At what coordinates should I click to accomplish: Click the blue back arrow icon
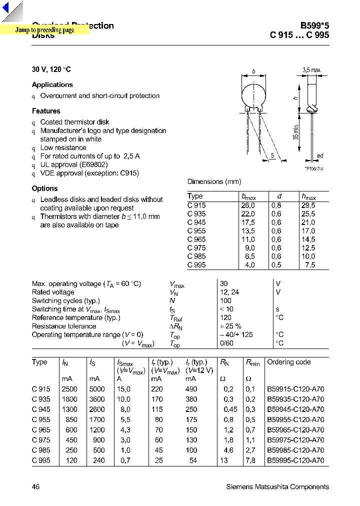click(12, 10)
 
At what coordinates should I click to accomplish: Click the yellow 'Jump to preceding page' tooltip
click(44, 30)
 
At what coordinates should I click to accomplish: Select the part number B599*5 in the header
click(314, 25)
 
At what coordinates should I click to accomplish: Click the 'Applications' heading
click(52, 85)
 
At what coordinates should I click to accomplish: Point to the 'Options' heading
click(44, 188)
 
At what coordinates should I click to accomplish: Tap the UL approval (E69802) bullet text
click(74, 164)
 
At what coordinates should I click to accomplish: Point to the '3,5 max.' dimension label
click(311, 70)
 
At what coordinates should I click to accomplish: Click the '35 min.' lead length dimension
click(296, 131)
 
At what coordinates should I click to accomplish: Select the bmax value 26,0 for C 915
click(248, 205)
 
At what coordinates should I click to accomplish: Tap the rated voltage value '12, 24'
click(229, 292)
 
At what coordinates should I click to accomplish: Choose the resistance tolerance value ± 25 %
click(230, 326)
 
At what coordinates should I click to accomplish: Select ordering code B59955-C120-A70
click(295, 419)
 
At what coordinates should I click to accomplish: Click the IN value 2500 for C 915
click(69, 389)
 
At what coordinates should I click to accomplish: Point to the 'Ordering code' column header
click(289, 362)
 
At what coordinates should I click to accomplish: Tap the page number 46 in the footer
click(36, 486)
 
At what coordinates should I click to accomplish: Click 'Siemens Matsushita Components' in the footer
click(277, 486)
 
